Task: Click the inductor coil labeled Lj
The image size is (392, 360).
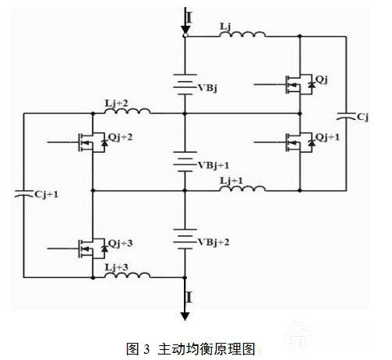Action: (242, 34)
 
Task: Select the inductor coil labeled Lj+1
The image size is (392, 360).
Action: (242, 189)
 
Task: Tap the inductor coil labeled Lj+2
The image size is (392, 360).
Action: (127, 111)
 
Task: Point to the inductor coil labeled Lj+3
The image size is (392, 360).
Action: (127, 275)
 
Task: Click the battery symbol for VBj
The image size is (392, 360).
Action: (185, 84)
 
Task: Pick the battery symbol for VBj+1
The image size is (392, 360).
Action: (185, 161)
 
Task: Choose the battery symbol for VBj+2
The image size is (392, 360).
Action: (185, 239)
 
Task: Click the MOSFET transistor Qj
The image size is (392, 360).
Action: (300, 84)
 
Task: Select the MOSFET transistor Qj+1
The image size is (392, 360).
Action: (300, 142)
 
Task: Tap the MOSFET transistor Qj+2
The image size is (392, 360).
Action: (93, 142)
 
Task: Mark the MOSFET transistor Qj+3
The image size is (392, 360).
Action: (93, 249)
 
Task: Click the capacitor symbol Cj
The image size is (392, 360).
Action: (346, 116)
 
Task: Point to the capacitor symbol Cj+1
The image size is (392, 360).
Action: (23, 194)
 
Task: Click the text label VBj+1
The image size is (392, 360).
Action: (214, 165)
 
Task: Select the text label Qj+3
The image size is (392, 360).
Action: (120, 243)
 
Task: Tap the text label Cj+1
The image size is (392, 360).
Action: (46, 194)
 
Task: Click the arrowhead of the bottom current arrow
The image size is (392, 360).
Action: (185, 316)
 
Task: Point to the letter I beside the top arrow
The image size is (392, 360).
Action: (189, 18)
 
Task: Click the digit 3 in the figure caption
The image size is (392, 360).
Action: (147, 349)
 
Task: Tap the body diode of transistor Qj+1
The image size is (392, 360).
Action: (311, 143)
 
